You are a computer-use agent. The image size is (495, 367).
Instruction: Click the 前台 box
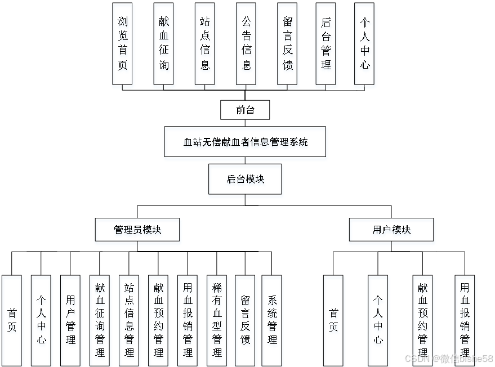(x=245, y=110)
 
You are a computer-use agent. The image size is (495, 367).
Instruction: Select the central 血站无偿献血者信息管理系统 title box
(x=246, y=142)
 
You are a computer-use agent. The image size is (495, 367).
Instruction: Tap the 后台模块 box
(x=246, y=179)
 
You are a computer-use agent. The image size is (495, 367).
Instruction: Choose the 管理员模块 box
(x=137, y=230)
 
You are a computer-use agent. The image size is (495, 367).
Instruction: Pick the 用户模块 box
(x=391, y=230)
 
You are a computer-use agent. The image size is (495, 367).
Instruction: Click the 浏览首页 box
(x=122, y=43)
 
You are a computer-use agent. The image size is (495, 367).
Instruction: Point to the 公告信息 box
(x=246, y=43)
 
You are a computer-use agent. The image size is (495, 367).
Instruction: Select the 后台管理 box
(x=326, y=43)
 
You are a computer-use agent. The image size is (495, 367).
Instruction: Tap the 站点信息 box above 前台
(x=205, y=43)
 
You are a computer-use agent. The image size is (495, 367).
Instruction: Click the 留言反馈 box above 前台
(x=287, y=43)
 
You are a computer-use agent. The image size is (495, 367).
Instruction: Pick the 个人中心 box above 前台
(x=365, y=43)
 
